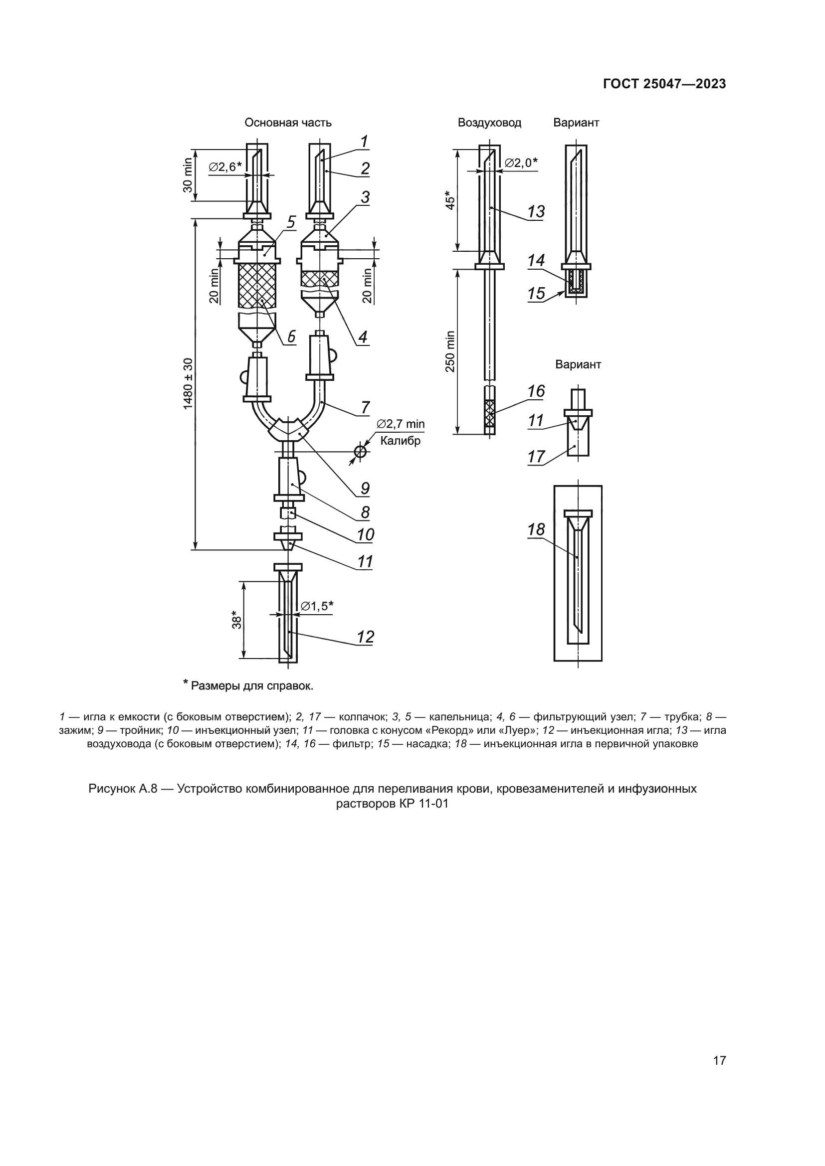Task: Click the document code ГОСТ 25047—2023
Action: click(664, 84)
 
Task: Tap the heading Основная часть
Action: click(288, 123)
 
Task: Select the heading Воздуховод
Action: click(489, 123)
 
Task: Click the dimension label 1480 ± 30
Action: click(189, 384)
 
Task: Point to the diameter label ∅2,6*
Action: click(224, 167)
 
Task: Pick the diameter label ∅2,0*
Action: click(521, 163)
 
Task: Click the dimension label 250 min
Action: click(450, 351)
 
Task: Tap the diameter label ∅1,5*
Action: click(317, 606)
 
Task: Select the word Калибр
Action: click(401, 441)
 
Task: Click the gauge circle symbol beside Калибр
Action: click(360, 451)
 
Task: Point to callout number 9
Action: click(365, 489)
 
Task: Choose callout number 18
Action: click(536, 530)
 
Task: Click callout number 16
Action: click(536, 391)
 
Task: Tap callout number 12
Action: click(365, 637)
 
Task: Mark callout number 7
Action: click(365, 407)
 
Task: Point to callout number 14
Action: click(536, 261)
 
